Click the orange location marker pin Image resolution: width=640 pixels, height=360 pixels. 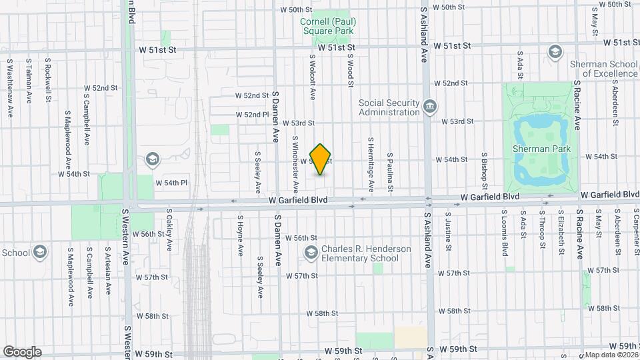tap(321, 159)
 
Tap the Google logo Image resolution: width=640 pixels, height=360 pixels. tap(22, 351)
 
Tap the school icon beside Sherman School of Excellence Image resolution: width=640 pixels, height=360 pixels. tap(554, 52)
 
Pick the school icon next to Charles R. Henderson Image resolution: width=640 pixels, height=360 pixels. tap(311, 253)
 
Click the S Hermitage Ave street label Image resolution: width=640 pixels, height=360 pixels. tap(371, 163)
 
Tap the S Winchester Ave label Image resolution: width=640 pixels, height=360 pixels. tap(295, 160)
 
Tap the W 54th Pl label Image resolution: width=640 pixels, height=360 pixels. tap(171, 182)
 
